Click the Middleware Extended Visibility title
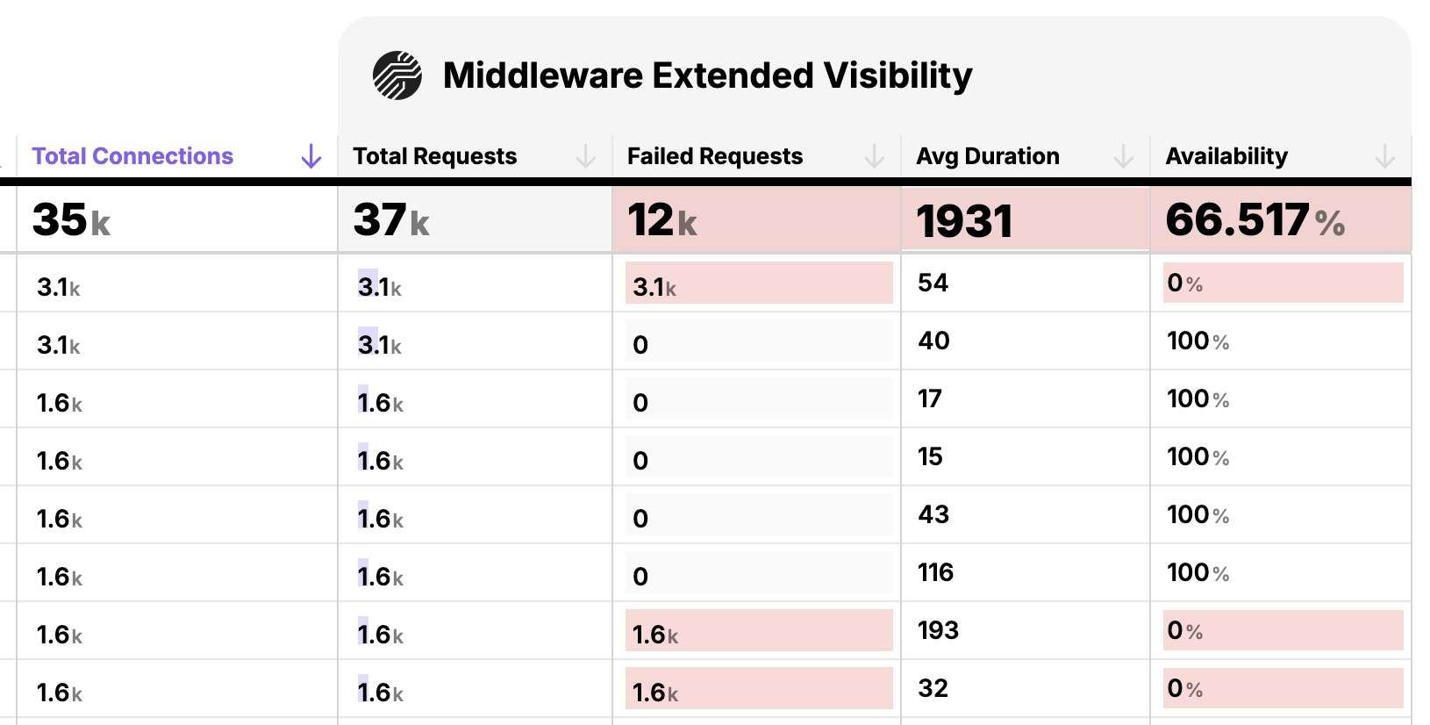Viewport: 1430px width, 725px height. [x=707, y=75]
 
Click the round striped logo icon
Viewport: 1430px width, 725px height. [x=397, y=75]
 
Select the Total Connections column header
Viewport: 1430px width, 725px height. [x=132, y=156]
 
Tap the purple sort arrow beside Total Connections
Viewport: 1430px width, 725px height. [x=311, y=156]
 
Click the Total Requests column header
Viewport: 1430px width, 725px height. [x=434, y=156]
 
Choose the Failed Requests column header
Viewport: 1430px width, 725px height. [x=714, y=156]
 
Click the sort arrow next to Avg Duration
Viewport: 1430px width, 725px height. [x=1123, y=156]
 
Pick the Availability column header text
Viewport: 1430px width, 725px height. [x=1226, y=156]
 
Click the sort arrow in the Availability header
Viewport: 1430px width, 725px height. [x=1384, y=156]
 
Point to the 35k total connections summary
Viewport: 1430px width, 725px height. [x=71, y=219]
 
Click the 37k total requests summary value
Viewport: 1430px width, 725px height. [x=390, y=219]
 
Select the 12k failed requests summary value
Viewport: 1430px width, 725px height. [x=661, y=219]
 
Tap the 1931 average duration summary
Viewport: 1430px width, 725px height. [x=963, y=220]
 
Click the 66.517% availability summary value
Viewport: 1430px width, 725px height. [x=1255, y=219]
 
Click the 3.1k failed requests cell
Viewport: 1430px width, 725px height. [x=654, y=286]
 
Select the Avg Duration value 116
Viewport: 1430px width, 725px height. [x=935, y=572]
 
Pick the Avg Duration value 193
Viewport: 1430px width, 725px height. [x=938, y=630]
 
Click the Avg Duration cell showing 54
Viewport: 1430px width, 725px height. [x=933, y=283]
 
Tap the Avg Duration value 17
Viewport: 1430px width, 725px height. [x=930, y=398]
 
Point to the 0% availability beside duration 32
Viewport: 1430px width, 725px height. [x=1184, y=688]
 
